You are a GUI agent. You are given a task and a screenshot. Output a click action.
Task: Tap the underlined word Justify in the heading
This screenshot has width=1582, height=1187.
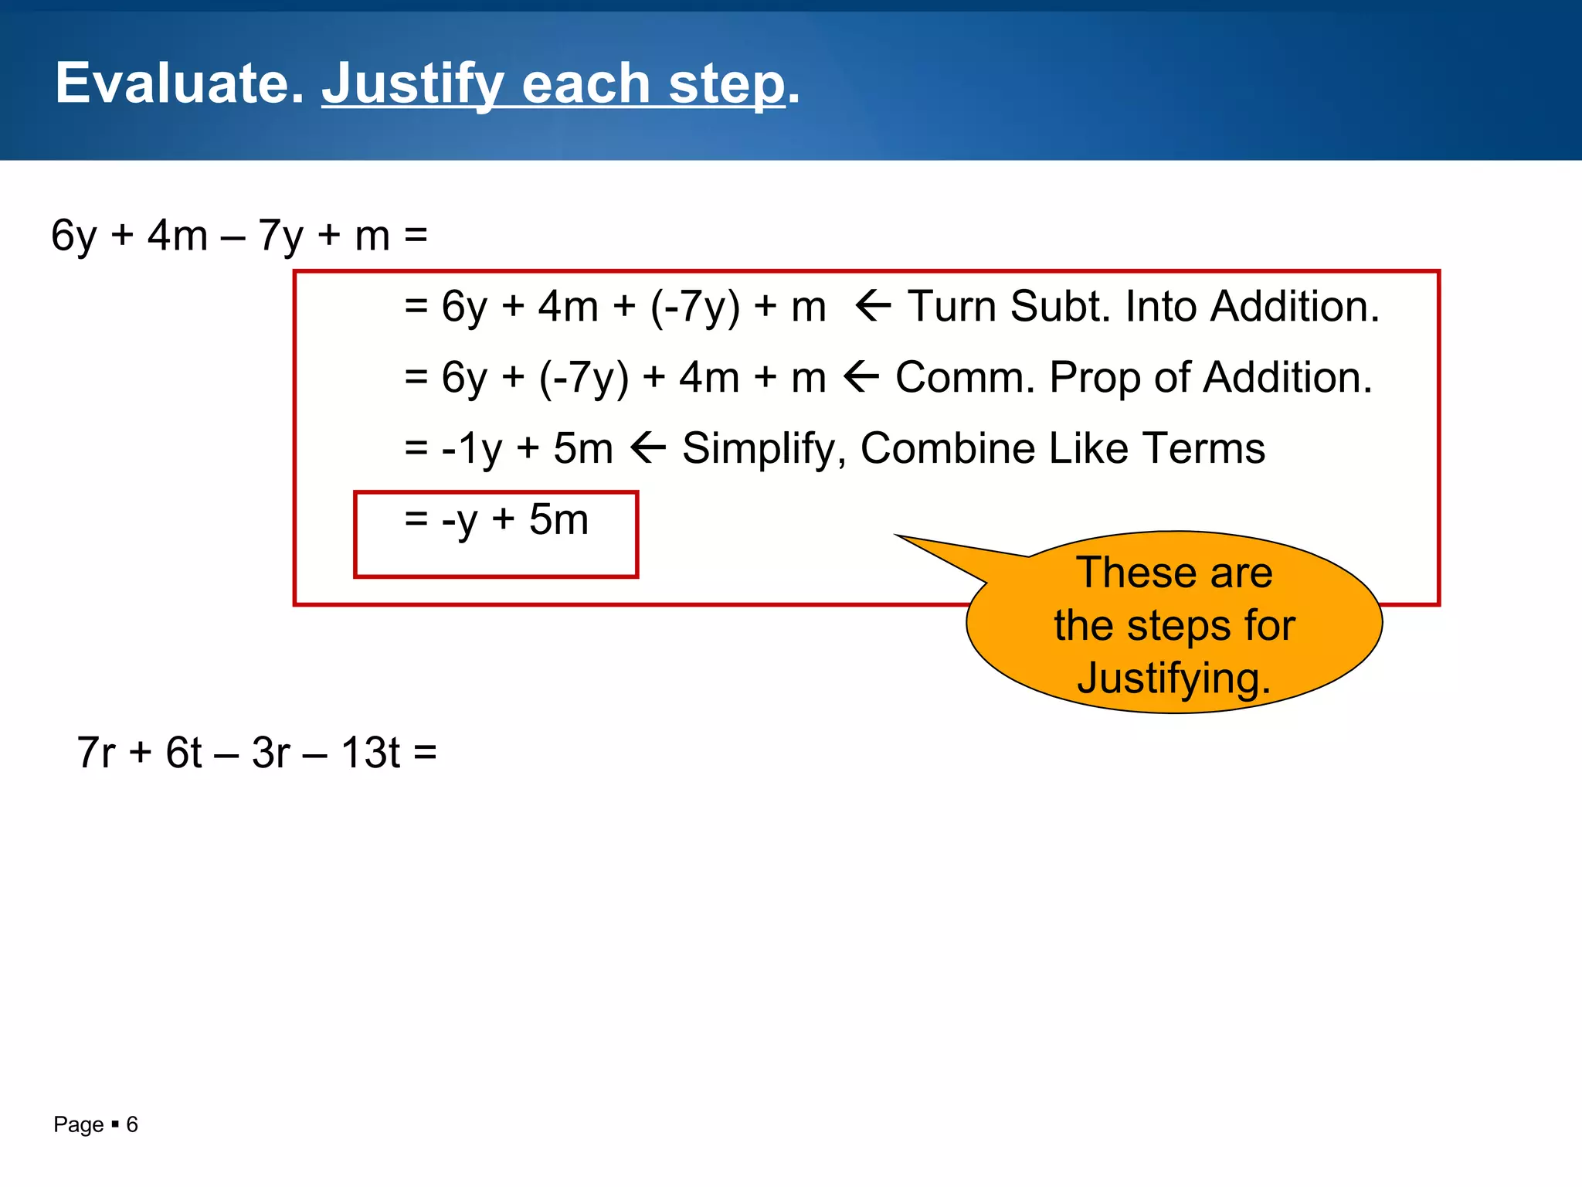[x=412, y=85]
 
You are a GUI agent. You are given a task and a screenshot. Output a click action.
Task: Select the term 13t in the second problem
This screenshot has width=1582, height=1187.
[x=370, y=753]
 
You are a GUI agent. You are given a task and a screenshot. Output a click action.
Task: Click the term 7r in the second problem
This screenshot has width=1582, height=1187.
[x=96, y=753]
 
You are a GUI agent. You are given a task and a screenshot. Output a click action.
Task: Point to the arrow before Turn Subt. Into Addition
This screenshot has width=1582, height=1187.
[x=874, y=307]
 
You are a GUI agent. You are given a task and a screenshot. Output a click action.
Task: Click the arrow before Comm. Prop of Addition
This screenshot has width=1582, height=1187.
[x=861, y=378]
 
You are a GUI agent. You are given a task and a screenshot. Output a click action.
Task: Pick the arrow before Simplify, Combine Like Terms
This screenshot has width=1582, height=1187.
[x=647, y=449]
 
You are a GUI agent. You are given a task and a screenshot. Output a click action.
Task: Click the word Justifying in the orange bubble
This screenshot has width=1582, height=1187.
[x=1173, y=679]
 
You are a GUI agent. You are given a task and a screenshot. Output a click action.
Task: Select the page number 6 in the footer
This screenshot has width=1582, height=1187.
[x=132, y=1124]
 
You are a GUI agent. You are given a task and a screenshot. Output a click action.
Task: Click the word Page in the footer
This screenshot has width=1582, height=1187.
[x=78, y=1124]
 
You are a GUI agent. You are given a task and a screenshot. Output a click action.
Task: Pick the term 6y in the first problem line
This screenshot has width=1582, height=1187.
[x=74, y=236]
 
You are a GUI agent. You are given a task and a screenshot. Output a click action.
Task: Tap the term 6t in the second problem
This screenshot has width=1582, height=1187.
[x=183, y=753]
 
